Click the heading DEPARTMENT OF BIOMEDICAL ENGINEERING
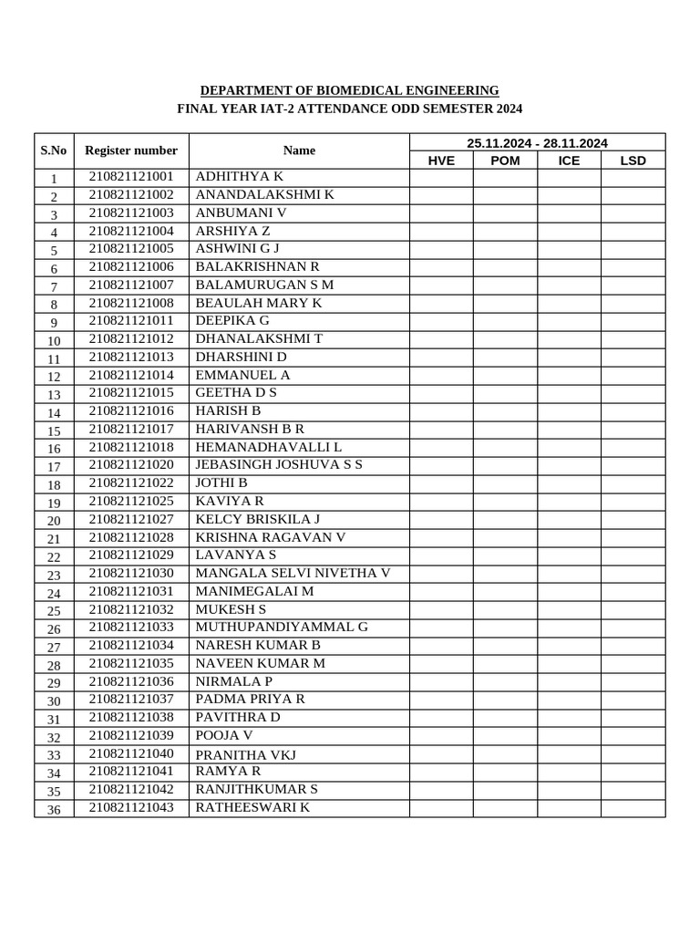(349, 90)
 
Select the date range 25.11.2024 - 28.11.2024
(537, 142)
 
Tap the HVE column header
(441, 161)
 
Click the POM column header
(505, 161)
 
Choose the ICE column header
(569, 161)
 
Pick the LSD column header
(633, 161)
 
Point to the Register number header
(131, 150)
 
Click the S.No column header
(54, 150)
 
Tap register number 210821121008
(131, 303)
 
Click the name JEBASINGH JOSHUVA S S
(279, 465)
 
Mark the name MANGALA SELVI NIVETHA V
(293, 573)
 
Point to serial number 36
(54, 810)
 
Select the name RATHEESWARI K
(252, 807)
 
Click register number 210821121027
(131, 519)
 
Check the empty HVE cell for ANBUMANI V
(441, 213)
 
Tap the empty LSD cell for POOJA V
(633, 736)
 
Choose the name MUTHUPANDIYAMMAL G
(282, 627)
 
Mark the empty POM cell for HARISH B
(505, 411)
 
